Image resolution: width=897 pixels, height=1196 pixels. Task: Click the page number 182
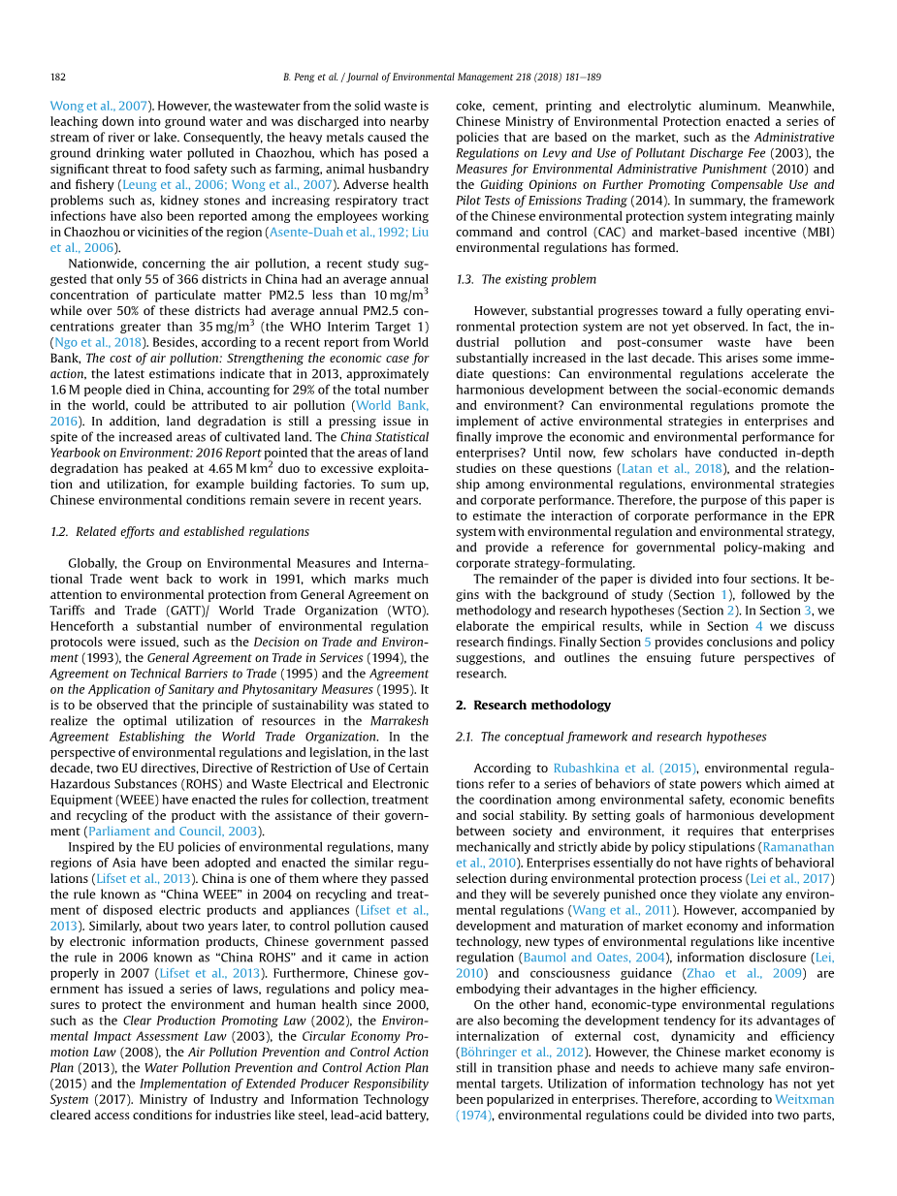pos(57,76)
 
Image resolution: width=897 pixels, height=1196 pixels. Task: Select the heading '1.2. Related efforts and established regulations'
pos(179,532)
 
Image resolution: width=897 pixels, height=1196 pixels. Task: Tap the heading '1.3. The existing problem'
pos(526,279)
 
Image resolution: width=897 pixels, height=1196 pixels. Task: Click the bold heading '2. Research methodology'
pos(533,705)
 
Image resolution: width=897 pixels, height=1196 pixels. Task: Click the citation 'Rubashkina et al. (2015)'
pos(625,768)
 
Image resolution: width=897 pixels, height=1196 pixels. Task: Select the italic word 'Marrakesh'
pos(400,720)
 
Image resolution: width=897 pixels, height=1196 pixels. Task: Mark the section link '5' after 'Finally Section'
pos(648,642)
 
